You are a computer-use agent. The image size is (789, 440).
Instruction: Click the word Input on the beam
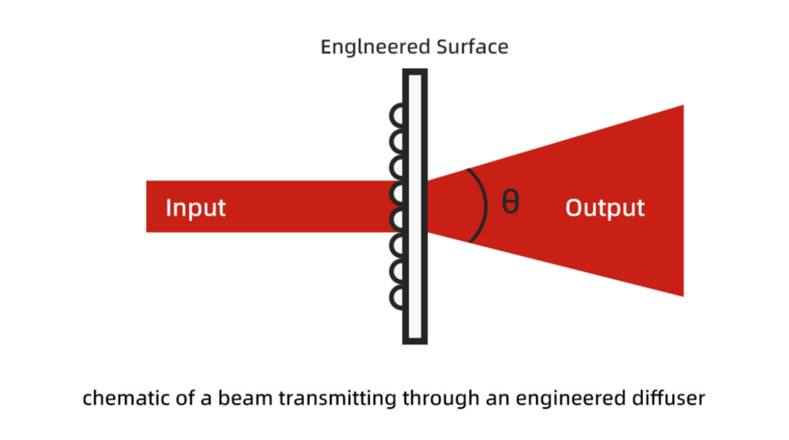[196, 208]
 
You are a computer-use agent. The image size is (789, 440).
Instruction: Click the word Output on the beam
[605, 208]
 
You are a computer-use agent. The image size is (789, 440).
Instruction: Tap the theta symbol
[510, 202]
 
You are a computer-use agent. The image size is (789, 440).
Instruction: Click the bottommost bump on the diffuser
[398, 298]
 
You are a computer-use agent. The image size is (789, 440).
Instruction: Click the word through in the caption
[435, 398]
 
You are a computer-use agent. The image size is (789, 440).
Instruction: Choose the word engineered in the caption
[570, 398]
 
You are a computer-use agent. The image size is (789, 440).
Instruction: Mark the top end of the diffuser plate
[415, 72]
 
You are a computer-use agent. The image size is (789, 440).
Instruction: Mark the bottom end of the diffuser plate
[415, 341]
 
